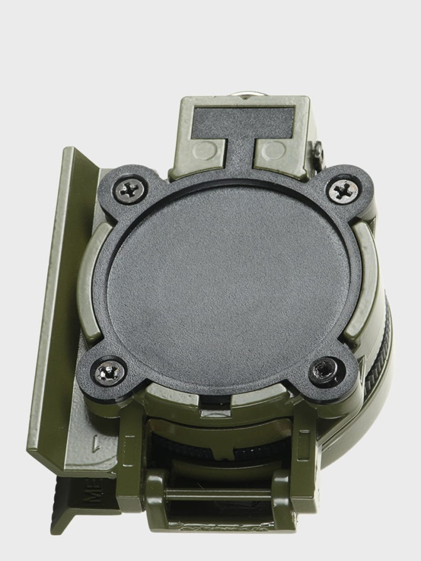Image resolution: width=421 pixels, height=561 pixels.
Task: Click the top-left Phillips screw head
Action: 130,190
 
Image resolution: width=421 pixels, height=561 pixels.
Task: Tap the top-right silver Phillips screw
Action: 344,191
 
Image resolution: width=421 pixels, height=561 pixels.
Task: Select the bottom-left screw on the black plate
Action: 108,373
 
